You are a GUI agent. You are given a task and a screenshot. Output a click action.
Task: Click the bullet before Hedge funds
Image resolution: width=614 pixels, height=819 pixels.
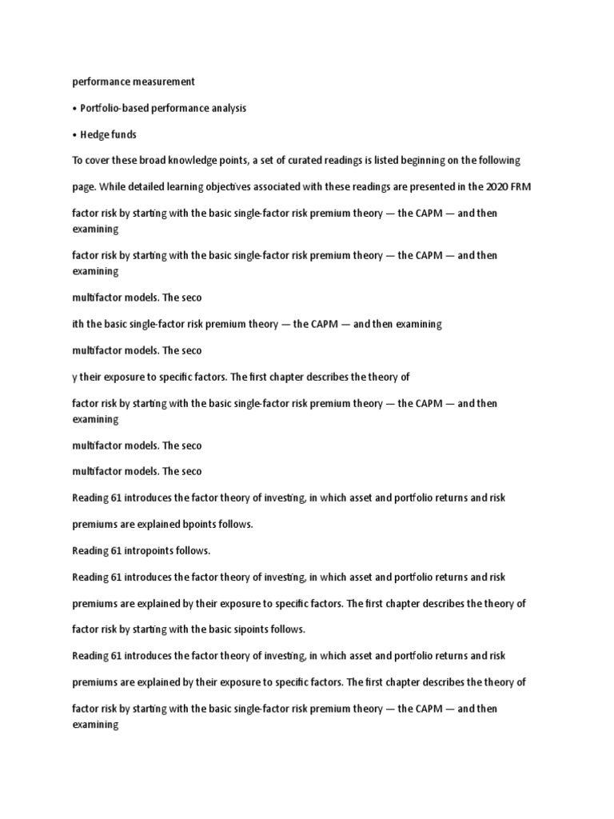pyautogui.click(x=74, y=134)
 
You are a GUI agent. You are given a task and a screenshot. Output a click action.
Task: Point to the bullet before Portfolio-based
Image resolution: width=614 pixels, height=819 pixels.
pyautogui.click(x=74, y=108)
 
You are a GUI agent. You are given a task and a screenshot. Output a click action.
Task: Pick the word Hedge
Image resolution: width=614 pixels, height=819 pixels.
pyautogui.click(x=94, y=134)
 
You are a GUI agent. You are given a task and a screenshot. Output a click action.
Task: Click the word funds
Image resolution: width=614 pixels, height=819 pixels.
pyautogui.click(x=125, y=134)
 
